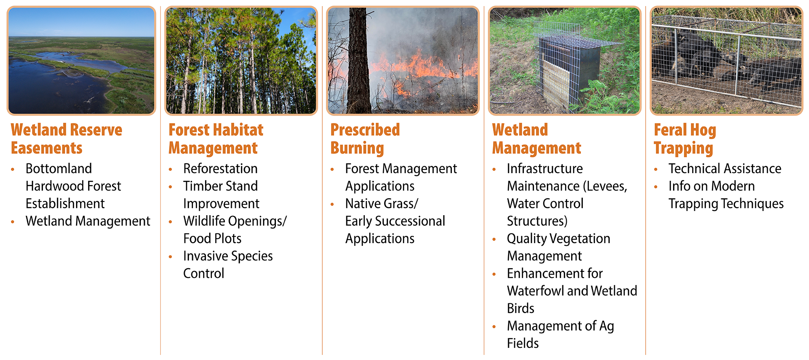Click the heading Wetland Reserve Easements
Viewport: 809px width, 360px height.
pyautogui.click(x=66, y=139)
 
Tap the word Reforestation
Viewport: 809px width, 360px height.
pyautogui.click(x=220, y=169)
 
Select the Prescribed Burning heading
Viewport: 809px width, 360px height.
pyautogui.click(x=365, y=139)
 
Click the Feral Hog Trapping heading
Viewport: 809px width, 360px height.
pyautogui.click(x=684, y=139)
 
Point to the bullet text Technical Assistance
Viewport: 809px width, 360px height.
pyautogui.click(x=724, y=169)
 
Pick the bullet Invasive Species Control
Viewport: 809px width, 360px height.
pyautogui.click(x=228, y=265)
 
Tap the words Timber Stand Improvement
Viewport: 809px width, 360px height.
pyautogui.click(x=221, y=195)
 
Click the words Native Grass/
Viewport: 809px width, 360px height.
pyautogui.click(x=381, y=203)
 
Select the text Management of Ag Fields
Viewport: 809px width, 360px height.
pyautogui.click(x=560, y=334)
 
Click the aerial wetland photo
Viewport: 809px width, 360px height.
pyautogui.click(x=81, y=61)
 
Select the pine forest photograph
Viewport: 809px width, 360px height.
pyautogui.click(x=241, y=61)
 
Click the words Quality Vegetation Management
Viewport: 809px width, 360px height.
pyautogui.click(x=558, y=247)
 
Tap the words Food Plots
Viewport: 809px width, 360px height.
pyautogui.click(x=212, y=239)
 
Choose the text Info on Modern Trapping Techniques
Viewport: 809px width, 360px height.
pyautogui.click(x=726, y=195)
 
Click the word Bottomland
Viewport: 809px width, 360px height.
pyautogui.click(x=59, y=169)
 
